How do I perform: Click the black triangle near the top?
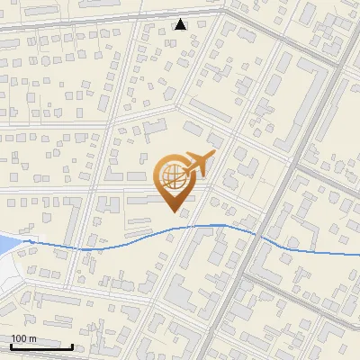(x=180, y=24)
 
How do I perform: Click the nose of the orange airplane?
(x=213, y=155)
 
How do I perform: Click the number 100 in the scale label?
(x=19, y=338)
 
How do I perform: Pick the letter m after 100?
(x=32, y=338)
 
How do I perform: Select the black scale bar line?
(x=40, y=346)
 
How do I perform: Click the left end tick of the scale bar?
(x=10, y=345)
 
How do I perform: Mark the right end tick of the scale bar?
(x=72, y=345)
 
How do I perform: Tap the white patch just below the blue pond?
(x=9, y=270)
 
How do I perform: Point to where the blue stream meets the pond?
(x=25, y=241)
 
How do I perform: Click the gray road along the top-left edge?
(x=54, y=26)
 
